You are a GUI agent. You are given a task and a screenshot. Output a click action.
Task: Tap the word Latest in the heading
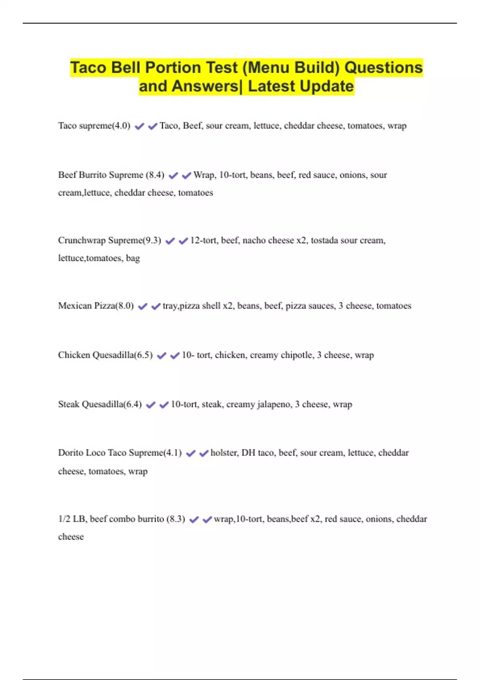click(x=271, y=86)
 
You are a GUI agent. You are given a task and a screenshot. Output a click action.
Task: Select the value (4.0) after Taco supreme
click(x=121, y=126)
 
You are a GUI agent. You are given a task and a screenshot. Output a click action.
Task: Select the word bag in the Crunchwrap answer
click(x=133, y=258)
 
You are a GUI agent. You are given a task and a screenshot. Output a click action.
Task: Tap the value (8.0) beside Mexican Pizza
click(x=124, y=306)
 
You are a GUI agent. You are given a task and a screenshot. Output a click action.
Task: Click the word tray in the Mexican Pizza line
click(x=170, y=306)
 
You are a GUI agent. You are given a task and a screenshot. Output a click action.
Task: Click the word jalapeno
click(x=274, y=404)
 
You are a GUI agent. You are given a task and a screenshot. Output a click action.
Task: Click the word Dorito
click(x=70, y=453)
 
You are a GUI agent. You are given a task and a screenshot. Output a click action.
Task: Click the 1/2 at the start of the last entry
click(x=64, y=519)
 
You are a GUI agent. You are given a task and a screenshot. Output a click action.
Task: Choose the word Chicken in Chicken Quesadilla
click(x=74, y=355)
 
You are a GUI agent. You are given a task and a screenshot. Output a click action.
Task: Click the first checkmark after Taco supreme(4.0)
click(x=139, y=126)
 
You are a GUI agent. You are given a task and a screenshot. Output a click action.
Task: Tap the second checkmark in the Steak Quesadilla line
click(x=164, y=405)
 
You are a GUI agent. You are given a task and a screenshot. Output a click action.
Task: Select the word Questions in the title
click(x=383, y=68)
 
